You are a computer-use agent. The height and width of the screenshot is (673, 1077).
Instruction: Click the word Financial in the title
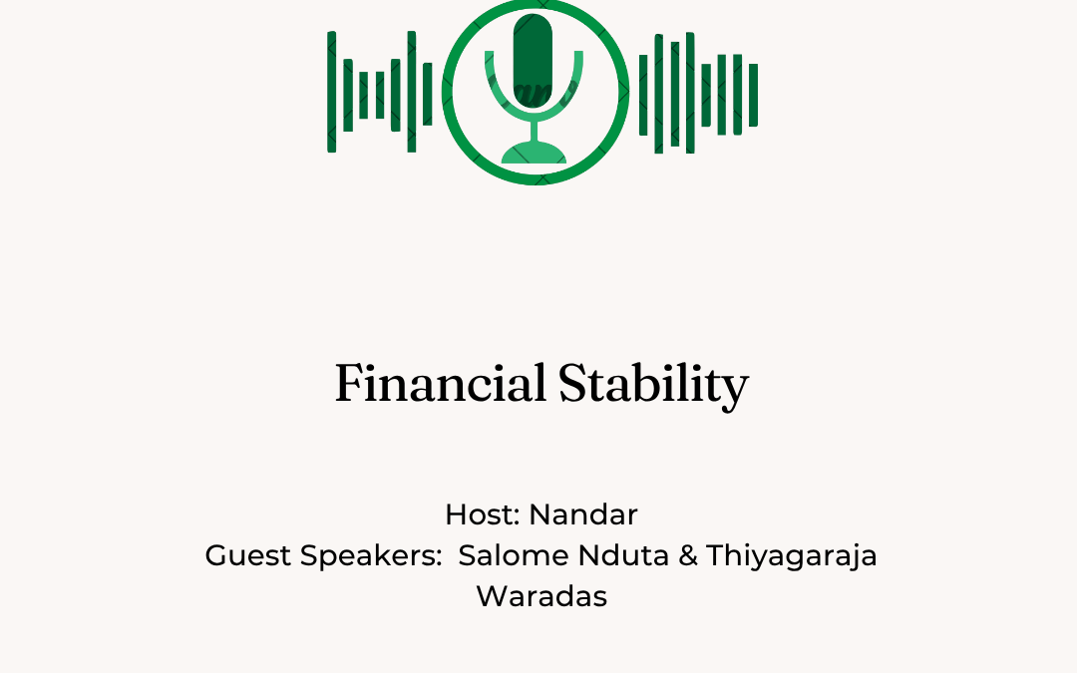coord(441,383)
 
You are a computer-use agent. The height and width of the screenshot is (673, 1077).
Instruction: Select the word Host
coord(479,514)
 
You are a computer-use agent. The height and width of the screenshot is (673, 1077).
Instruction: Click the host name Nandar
coord(583,514)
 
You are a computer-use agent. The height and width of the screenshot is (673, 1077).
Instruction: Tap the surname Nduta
coord(623,555)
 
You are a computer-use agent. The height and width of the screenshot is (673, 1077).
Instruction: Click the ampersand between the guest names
coord(687,555)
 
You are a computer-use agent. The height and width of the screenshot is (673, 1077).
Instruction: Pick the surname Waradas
coord(541,596)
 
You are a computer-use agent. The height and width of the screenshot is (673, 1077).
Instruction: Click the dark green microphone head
coord(533,61)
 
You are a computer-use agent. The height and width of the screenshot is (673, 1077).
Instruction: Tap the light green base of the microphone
coord(534,153)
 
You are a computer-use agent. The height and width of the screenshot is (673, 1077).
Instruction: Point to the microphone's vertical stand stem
coord(534,131)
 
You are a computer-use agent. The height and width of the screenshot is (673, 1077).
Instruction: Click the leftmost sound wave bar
coord(332,92)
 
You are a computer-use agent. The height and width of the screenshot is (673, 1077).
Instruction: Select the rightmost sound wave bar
coord(754,95)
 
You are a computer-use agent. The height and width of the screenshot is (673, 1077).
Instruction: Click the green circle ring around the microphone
coord(447,92)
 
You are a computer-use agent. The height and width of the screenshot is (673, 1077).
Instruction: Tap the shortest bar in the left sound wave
coord(380,95)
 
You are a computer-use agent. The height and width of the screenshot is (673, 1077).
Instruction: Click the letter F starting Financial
coord(349,383)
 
